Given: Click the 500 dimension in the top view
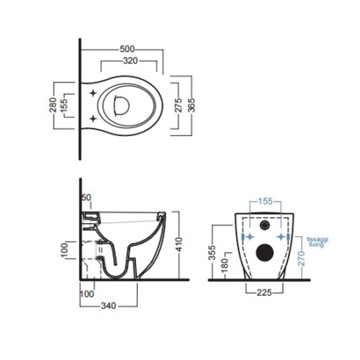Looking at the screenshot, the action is pos(127,49).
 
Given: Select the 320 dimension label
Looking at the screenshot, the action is pos(130,60).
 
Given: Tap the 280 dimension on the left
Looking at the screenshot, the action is pos(53,105).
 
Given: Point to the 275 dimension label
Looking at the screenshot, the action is pos(178,105).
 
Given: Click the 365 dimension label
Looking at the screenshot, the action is pos(192,105).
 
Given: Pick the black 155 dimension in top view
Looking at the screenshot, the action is pos(64,105).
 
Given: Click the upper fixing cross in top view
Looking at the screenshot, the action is pos(93,93).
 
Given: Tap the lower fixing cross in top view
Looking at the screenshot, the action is pos(93,119).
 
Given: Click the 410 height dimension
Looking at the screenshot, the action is pos(179,244).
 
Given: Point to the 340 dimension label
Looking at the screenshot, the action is pos(109,305).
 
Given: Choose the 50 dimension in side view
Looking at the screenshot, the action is pos(86,197).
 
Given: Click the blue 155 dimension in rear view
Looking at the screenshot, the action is pos(265,201).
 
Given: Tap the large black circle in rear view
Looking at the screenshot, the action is pos(265,253).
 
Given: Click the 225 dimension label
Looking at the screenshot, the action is pos(264,292).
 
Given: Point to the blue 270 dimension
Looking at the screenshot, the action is pos(302,258).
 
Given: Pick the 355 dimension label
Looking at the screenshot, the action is pos(212,253).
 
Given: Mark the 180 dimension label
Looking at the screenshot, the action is pos(225,266).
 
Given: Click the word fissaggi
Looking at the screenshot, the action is pos(318,240).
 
